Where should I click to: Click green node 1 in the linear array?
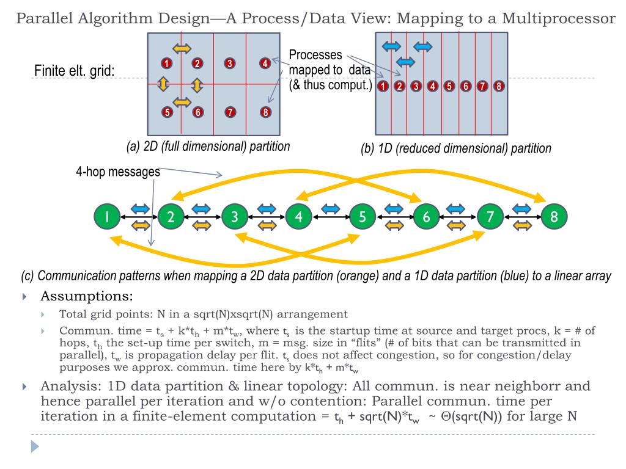(107, 216)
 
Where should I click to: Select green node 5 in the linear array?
(363, 216)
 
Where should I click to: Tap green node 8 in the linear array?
(554, 216)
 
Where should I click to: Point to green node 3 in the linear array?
(235, 216)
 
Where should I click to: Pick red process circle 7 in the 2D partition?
(230, 112)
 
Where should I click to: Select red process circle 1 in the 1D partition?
(383, 85)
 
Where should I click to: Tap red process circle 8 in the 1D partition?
(498, 85)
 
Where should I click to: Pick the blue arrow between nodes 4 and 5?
(330, 208)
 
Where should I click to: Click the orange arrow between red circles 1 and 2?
(181, 48)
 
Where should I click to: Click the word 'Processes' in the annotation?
(315, 55)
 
